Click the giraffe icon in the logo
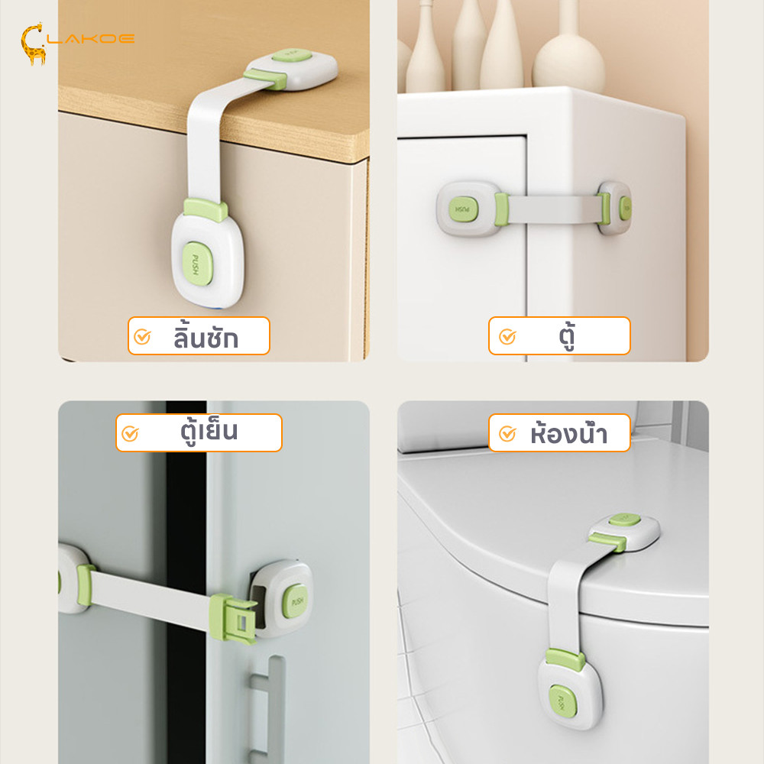33,44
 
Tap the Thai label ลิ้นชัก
206,337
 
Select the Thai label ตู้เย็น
209,431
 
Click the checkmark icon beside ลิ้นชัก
142,337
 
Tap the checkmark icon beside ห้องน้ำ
507,433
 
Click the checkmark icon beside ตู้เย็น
130,433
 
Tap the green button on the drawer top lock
292,55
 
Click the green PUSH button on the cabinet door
463,209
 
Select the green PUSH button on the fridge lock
296,601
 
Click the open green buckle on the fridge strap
232,618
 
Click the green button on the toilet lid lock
625,520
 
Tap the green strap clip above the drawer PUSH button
206,209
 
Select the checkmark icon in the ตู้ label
507,337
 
